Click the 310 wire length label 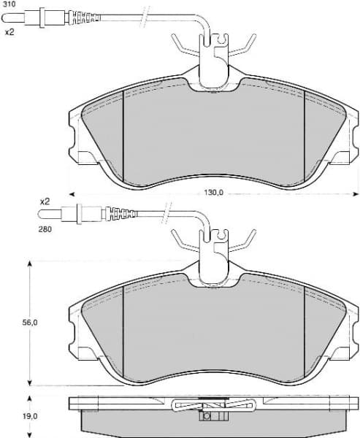9,4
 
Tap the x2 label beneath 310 10,32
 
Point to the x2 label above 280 44,201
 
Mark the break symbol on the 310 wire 149,15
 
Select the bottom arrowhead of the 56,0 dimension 29,383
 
